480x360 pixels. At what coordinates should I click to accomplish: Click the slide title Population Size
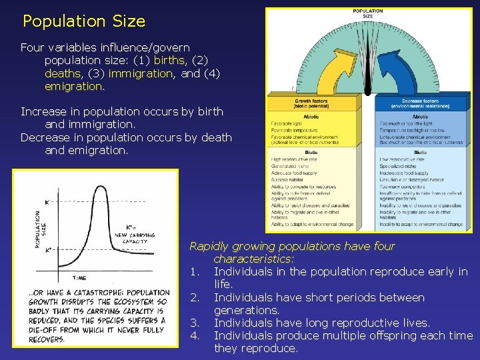pos(83,21)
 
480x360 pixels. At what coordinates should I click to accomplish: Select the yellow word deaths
pos(63,73)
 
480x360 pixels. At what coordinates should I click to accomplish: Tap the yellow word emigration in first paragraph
pos(73,87)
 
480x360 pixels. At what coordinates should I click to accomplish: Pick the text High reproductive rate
pos(293,160)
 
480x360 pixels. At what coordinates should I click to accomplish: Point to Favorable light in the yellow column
pos(286,124)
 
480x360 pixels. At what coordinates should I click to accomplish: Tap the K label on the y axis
pos(47,201)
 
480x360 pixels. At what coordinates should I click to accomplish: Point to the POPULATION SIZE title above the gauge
pos(367,13)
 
